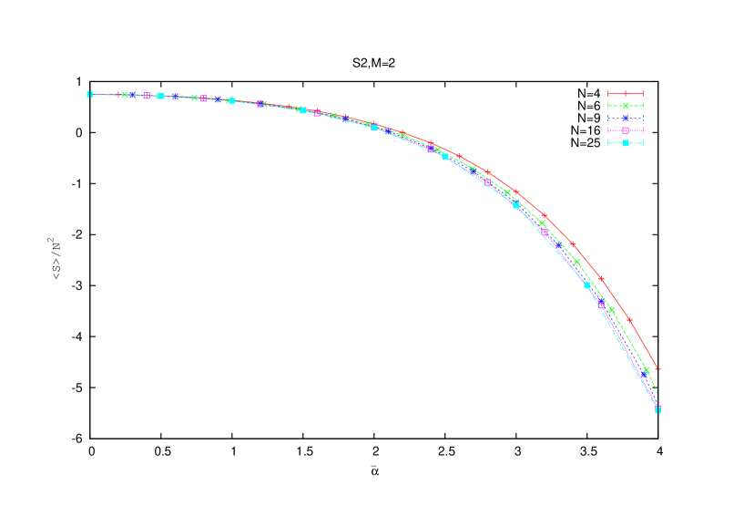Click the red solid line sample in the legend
point(626,93)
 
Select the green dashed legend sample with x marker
point(626,106)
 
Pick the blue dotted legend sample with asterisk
point(626,119)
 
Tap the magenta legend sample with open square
point(626,130)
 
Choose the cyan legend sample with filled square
point(626,143)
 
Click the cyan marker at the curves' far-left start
point(89,94)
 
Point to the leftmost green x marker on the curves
point(125,95)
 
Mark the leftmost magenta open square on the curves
point(147,96)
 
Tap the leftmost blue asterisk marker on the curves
point(133,95)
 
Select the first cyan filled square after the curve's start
point(160,96)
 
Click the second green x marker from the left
point(194,98)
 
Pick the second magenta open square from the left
point(203,98)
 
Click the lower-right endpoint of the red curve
point(657,368)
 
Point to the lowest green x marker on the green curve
point(647,369)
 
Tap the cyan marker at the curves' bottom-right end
point(658,408)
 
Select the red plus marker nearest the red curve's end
point(629,320)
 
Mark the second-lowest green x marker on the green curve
point(612,310)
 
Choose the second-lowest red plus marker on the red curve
point(601,278)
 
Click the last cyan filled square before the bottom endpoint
point(586,285)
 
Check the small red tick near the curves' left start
point(117,94)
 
